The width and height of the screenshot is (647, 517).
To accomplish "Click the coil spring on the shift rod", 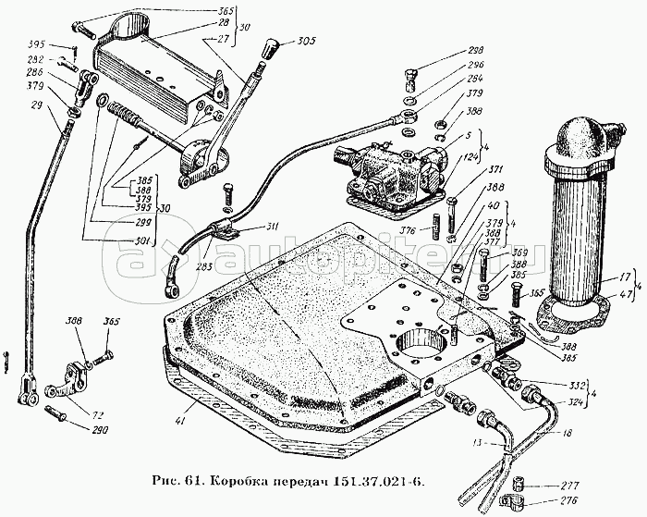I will click(x=123, y=116).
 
